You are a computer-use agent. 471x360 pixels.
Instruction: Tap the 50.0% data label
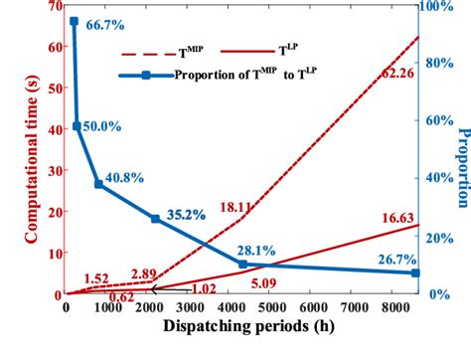pos(102,127)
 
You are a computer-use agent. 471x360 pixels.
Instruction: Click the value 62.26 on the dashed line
pos(390,73)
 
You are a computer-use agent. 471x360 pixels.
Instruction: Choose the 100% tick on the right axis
pos(438,7)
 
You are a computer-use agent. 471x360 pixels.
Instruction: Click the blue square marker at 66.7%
pos(75,21)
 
